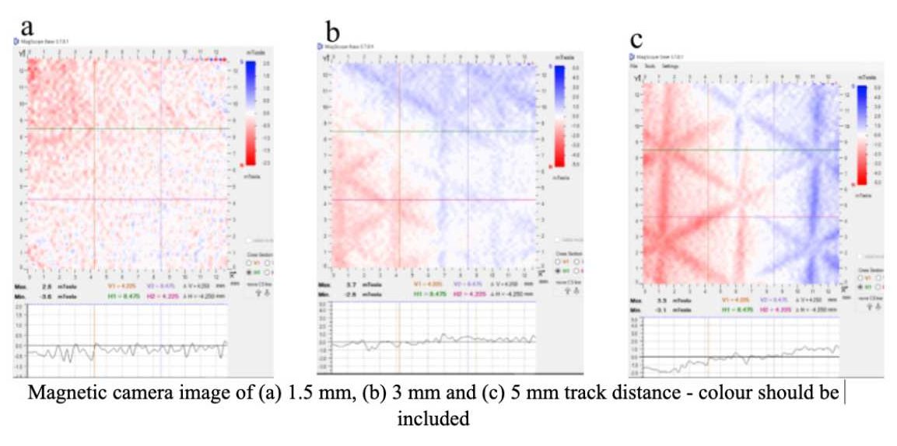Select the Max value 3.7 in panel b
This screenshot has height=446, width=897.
point(351,285)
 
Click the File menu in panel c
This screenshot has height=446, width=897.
point(635,67)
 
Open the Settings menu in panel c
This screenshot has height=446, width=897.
point(670,67)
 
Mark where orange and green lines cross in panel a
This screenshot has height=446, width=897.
point(94,129)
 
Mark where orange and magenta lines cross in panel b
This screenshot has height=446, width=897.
point(398,200)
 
